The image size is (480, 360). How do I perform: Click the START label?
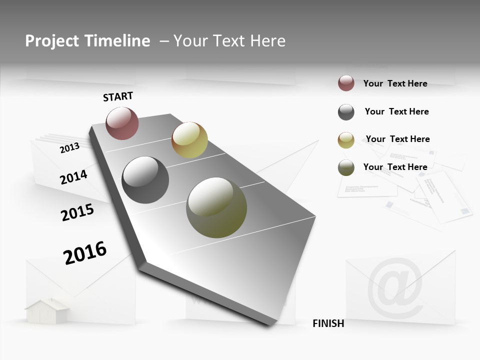[118, 96]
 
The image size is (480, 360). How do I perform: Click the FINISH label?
[328, 323]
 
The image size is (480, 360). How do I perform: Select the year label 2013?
[70, 147]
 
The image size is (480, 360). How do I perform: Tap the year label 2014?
[73, 177]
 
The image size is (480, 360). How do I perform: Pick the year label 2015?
[77, 212]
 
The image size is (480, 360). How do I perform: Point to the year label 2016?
[85, 252]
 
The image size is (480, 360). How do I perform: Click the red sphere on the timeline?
[122, 123]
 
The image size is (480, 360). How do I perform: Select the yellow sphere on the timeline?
[189, 139]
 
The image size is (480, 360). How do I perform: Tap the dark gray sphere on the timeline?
[145, 179]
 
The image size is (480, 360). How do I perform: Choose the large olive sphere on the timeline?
[216, 207]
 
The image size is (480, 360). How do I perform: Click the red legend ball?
[346, 83]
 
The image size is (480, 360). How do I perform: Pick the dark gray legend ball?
[346, 112]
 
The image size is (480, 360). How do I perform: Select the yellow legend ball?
[346, 140]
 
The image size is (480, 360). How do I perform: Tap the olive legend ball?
[346, 167]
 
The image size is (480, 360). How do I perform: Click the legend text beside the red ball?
[395, 83]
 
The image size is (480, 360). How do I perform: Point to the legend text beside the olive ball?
[395, 167]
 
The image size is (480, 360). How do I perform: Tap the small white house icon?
[47, 310]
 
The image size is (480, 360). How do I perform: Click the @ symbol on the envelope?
[395, 288]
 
